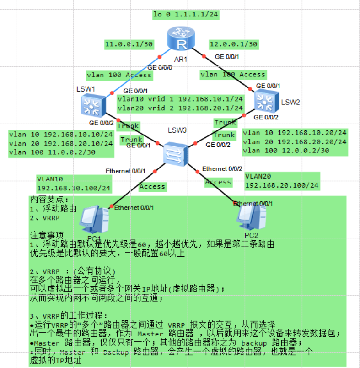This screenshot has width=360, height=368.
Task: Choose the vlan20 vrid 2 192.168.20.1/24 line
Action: (x=180, y=108)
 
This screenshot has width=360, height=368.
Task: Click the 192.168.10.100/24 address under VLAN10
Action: (x=73, y=188)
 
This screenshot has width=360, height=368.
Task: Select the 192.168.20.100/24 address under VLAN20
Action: (x=282, y=186)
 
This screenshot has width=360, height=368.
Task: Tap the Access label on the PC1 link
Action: (x=152, y=186)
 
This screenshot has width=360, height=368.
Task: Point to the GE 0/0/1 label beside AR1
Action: (x=227, y=56)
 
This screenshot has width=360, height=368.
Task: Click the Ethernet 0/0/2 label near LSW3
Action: (x=222, y=169)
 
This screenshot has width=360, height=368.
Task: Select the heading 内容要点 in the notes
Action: (x=49, y=200)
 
